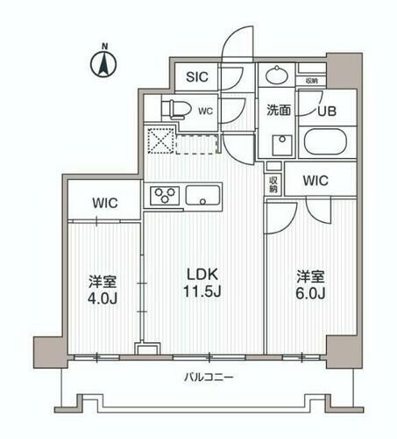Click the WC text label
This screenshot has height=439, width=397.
point(204,112)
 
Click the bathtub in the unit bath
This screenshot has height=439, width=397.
point(325,143)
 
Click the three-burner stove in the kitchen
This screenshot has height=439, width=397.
point(165,195)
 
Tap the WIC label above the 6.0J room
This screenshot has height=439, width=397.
point(316,180)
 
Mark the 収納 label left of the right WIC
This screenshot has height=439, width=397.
point(273,183)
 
